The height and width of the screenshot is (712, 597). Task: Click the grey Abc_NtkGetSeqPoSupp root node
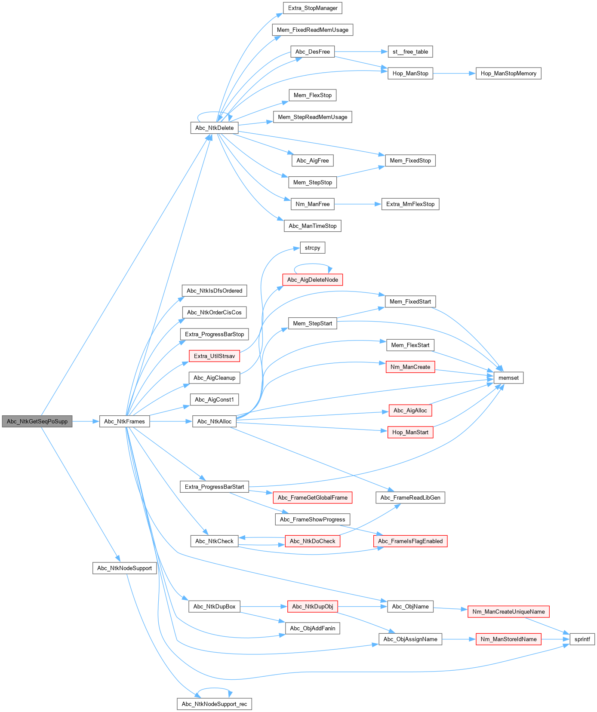pos(37,421)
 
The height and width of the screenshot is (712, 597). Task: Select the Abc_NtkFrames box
pos(124,421)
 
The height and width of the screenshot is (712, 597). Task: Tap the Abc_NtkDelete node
pos(214,128)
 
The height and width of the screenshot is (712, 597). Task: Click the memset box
pos(508,378)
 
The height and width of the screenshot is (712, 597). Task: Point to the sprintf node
pos(582,639)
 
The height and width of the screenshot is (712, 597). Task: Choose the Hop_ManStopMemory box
pos(508,74)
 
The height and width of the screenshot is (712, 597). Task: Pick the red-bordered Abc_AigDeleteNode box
pos(312,280)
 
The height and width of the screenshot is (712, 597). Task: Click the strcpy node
pos(312,248)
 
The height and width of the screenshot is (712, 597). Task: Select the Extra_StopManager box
pos(313,8)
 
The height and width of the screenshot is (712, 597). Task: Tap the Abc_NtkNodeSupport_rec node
pos(214,704)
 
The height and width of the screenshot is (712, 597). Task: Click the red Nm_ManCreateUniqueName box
pos(508,611)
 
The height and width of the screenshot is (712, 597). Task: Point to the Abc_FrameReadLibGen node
pos(410,497)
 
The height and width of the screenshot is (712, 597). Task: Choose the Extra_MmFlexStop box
pos(410,204)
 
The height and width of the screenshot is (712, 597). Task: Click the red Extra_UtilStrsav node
pos(214,356)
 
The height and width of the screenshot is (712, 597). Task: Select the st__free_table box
pos(410,52)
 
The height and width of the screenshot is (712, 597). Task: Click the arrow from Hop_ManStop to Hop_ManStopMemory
pos(454,74)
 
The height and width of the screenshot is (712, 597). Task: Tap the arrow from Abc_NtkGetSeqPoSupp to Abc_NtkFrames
pos(86,421)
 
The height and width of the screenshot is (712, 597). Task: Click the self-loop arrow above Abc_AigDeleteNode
pos(313,264)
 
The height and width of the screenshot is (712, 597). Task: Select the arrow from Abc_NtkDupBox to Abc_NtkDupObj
pos(263,607)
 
